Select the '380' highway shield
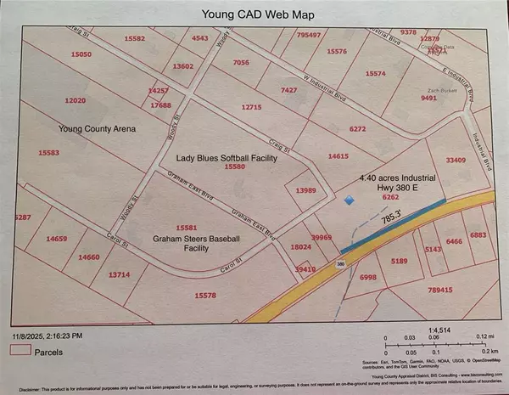(x=341, y=264)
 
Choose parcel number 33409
(x=458, y=159)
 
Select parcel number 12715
(x=252, y=107)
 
